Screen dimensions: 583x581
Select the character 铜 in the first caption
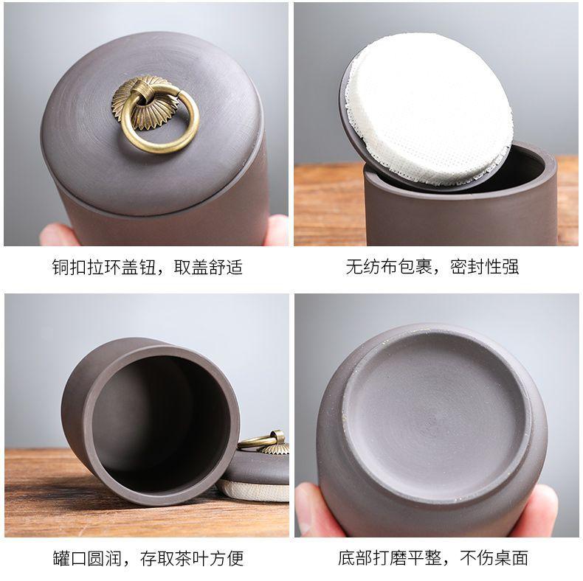click(x=61, y=267)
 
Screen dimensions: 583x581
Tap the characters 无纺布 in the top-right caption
click(x=371, y=267)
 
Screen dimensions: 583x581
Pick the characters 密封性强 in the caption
click(x=484, y=267)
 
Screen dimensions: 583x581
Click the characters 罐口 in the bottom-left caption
click(x=69, y=558)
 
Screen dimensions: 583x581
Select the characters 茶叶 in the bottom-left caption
click(x=192, y=558)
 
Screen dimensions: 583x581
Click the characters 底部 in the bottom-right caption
click(x=355, y=557)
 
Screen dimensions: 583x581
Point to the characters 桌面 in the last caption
click(x=511, y=557)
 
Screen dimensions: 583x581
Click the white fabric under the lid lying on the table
click(x=253, y=490)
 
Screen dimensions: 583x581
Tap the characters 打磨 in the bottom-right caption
click(x=390, y=557)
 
